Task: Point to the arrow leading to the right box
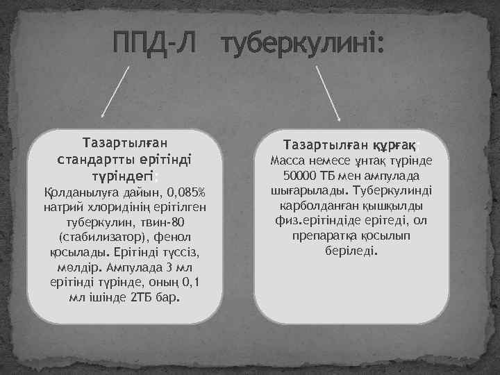click(328, 94)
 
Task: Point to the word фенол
click(170, 237)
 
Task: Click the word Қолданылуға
click(78, 192)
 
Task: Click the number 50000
click(301, 176)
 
